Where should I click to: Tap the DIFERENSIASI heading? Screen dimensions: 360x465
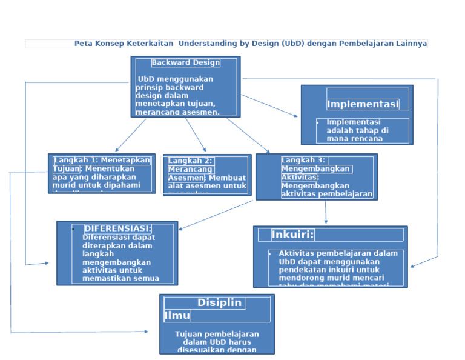point(117,228)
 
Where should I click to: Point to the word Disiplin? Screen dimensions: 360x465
point(219,302)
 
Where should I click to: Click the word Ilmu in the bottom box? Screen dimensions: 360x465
point(177,316)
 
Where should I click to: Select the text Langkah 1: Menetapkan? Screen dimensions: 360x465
point(102,160)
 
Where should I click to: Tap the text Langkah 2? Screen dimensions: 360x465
point(190,161)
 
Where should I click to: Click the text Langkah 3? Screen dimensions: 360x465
point(303,160)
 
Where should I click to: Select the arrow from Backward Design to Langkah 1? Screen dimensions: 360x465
point(130,135)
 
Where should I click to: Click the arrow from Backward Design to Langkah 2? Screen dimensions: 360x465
point(195,135)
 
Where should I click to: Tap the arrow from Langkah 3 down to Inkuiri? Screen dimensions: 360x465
point(326,212)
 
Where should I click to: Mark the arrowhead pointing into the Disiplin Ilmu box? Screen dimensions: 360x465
point(145,332)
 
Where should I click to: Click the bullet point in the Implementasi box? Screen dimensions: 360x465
point(317,122)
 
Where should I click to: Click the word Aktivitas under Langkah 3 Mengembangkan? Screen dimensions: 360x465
point(299,177)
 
